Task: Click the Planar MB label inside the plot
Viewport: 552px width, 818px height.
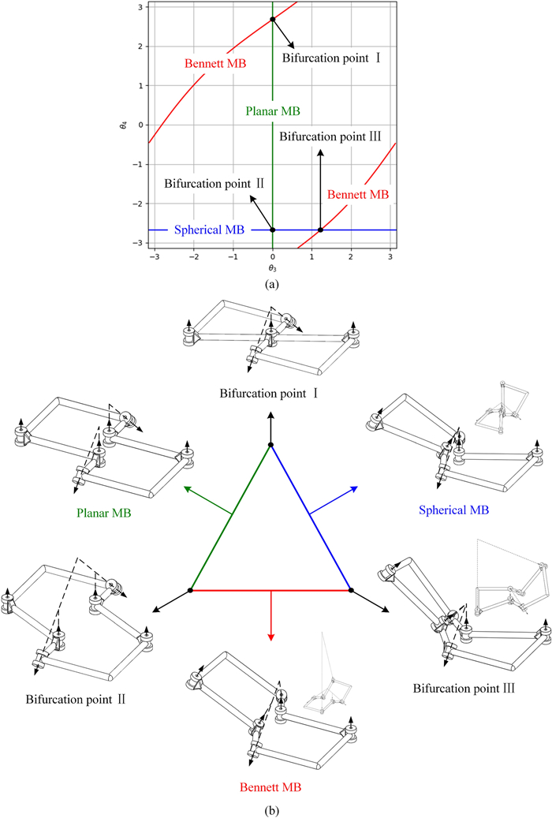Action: pyautogui.click(x=272, y=111)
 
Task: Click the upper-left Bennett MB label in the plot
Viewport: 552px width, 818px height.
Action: pyautogui.click(x=213, y=62)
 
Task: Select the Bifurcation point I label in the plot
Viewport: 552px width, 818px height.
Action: pyautogui.click(x=332, y=58)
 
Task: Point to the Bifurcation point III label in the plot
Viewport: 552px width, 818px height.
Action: pyautogui.click(x=331, y=136)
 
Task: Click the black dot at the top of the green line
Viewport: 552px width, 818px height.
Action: pyautogui.click(x=273, y=19)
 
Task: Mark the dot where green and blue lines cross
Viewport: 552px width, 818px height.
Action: pyautogui.click(x=273, y=230)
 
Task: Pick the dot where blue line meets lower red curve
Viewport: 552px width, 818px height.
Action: pyautogui.click(x=320, y=230)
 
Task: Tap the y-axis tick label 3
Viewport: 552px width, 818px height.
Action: pyautogui.click(x=138, y=7)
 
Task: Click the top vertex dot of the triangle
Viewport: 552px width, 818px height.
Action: pyautogui.click(x=270, y=446)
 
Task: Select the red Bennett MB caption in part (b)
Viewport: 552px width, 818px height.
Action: pyautogui.click(x=271, y=787)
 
